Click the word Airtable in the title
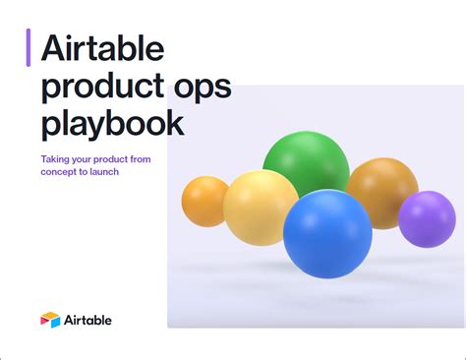101,48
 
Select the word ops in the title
202,87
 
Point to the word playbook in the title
112,125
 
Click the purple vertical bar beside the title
29,47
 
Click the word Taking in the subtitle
55,158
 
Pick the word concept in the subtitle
59,172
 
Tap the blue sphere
327,233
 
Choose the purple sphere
427,218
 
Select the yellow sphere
261,207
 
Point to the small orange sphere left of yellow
204,201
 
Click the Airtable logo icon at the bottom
50,320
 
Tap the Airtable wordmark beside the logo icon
88,320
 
